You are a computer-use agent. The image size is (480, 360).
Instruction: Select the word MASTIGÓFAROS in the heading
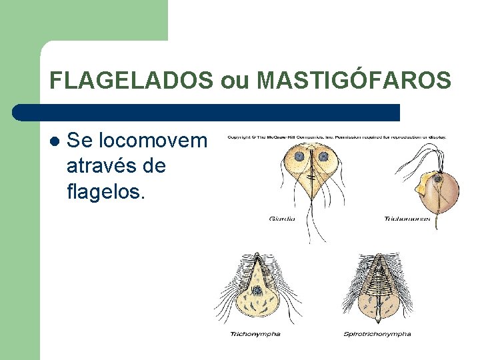pos(354,81)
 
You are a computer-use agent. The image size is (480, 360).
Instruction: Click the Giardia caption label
pos(283,218)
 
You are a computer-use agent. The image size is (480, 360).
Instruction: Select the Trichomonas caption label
pos(407,218)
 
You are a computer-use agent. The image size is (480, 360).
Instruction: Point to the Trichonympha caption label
pos(255,333)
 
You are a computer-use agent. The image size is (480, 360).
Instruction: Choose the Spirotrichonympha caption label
pos(377,333)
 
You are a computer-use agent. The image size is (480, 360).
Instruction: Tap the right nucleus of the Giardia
pos(323,157)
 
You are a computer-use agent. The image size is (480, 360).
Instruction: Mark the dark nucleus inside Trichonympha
pos(256,290)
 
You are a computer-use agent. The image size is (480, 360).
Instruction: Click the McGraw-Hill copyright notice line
pos(337,137)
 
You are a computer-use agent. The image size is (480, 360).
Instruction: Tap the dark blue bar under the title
pos(207,112)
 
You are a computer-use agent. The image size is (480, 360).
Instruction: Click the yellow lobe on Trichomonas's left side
pos(421,187)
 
